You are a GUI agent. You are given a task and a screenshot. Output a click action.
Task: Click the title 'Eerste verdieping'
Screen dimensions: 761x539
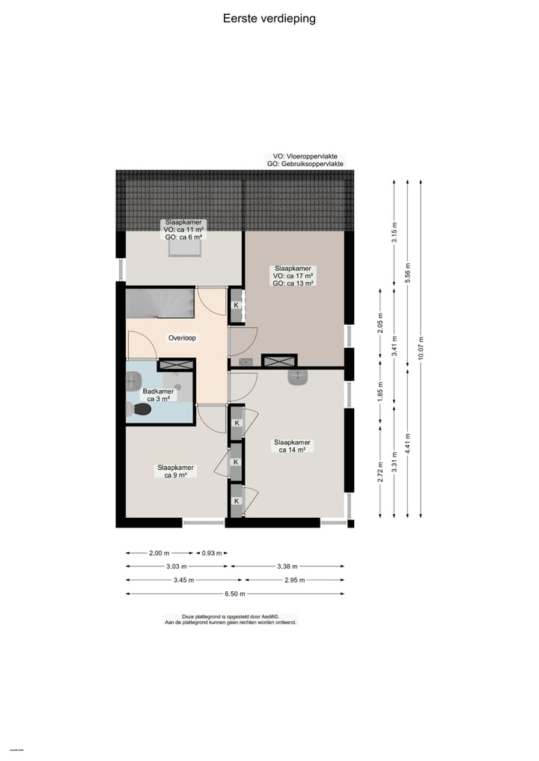tap(269, 19)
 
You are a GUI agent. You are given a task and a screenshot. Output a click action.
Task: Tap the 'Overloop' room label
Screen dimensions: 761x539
tap(182, 338)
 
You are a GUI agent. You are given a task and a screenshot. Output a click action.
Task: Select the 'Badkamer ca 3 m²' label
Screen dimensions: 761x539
tap(158, 395)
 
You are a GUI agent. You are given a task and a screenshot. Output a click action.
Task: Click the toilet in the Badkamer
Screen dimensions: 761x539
tap(140, 409)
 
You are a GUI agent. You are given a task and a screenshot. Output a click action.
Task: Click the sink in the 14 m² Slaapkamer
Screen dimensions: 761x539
tap(298, 377)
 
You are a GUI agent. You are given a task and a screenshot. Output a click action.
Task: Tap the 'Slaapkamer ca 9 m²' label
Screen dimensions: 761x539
tap(175, 471)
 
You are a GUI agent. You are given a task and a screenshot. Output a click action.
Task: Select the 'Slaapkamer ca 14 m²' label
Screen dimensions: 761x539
tap(292, 446)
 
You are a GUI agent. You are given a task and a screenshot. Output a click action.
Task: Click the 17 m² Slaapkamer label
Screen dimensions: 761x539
tap(293, 276)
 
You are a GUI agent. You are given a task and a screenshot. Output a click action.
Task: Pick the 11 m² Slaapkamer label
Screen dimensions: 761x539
tap(183, 230)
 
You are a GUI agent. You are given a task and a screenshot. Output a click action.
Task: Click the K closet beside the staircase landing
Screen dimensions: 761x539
tap(236, 305)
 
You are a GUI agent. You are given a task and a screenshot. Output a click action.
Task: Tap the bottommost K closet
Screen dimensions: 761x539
tap(236, 501)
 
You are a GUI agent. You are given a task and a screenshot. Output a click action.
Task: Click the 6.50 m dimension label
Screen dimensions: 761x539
tap(235, 594)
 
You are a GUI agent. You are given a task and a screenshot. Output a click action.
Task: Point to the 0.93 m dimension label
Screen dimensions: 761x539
tap(213, 553)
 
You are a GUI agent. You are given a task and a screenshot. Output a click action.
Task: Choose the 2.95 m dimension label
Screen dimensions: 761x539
tap(294, 580)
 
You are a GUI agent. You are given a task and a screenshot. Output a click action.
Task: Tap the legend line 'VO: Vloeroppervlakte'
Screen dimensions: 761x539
tap(305, 156)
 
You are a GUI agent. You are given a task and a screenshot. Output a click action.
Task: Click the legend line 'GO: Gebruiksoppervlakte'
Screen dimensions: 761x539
tap(305, 164)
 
